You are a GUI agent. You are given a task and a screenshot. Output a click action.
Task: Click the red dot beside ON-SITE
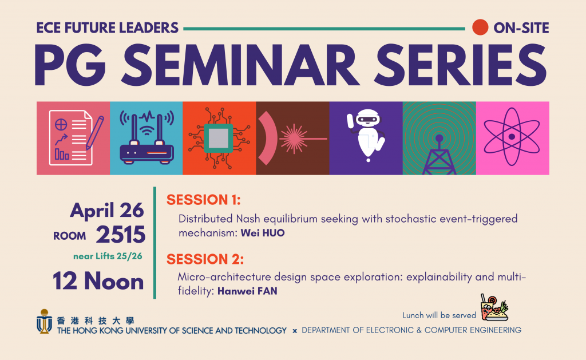pyautogui.click(x=480, y=27)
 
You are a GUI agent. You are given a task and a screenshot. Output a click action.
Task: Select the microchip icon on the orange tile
pyautogui.click(x=219, y=138)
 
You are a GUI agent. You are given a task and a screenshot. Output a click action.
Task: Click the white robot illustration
pyautogui.click(x=366, y=135)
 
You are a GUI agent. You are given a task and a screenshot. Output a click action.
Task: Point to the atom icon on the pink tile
pyautogui.click(x=512, y=137)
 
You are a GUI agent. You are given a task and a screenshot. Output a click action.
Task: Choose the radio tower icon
pyautogui.click(x=439, y=155)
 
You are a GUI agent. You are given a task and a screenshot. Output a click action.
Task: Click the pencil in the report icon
pyautogui.click(x=94, y=133)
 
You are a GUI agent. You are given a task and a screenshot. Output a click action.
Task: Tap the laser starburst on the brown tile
pyautogui.click(x=294, y=139)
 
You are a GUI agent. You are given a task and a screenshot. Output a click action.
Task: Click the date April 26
pyautogui.click(x=107, y=211)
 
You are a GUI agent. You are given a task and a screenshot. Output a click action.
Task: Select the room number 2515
pyautogui.click(x=121, y=235)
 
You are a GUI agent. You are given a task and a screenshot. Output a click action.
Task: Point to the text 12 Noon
pyautogui.click(x=98, y=281)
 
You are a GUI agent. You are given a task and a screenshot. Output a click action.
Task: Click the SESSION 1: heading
pyautogui.click(x=203, y=200)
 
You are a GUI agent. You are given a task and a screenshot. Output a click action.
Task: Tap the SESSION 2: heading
pyautogui.click(x=205, y=259)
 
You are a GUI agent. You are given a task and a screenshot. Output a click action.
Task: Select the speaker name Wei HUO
pyautogui.click(x=263, y=233)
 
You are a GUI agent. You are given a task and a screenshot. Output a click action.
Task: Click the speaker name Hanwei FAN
pyautogui.click(x=247, y=291)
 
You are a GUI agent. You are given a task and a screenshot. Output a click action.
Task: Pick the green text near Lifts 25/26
pyautogui.click(x=108, y=256)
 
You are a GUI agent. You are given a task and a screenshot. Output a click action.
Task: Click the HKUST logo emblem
pyautogui.click(x=44, y=322)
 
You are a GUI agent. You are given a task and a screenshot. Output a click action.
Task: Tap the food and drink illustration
pyautogui.click(x=494, y=308)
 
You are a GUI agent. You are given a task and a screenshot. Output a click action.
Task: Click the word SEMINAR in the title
pyautogui.click(x=241, y=66)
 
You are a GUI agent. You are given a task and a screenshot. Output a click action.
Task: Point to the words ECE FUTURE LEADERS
pyautogui.click(x=107, y=28)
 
